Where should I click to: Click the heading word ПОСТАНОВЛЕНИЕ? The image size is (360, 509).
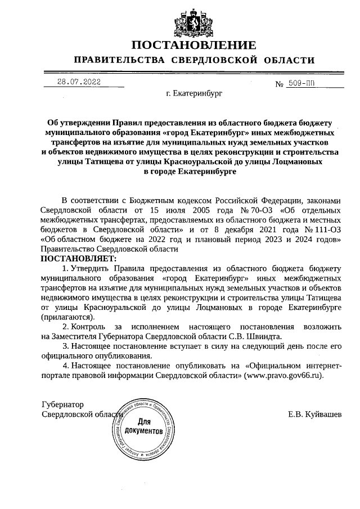click(193, 45)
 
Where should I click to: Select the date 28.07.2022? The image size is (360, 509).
click(79, 82)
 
